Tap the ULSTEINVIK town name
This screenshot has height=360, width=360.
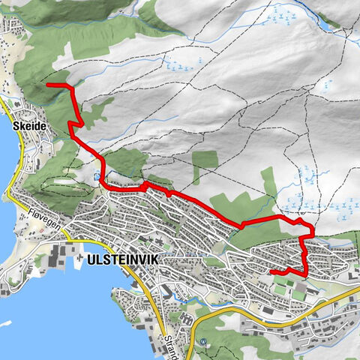point(124,261)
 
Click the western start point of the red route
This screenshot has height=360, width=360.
point(49,86)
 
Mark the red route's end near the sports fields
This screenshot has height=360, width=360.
point(271,271)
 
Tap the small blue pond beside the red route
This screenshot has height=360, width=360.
point(97,177)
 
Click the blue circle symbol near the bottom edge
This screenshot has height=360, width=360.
point(202,343)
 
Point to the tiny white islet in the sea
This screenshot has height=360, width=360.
point(6,324)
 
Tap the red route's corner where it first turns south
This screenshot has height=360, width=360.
point(72,88)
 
